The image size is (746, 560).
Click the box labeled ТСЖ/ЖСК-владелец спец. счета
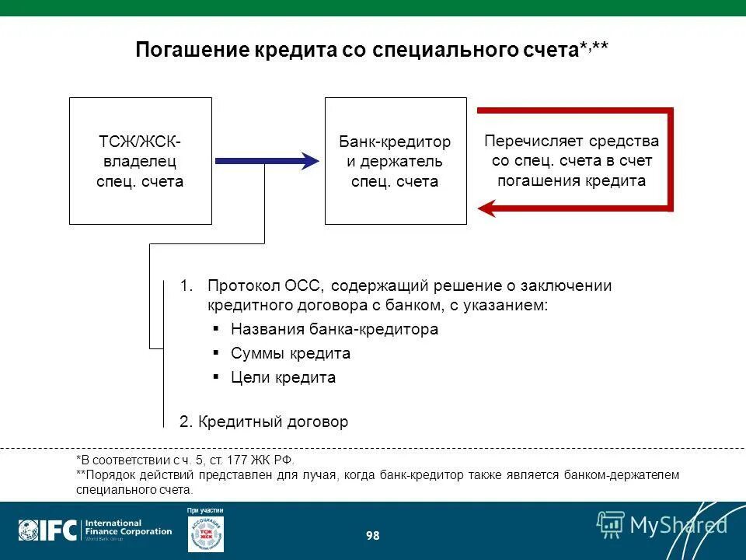tap(141, 161)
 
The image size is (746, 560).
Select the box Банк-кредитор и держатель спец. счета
tap(395, 161)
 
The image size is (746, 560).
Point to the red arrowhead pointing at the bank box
tap(488, 208)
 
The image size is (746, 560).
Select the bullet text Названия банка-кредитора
tap(334, 329)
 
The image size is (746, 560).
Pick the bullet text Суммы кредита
tap(290, 353)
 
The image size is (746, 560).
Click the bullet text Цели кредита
tap(283, 378)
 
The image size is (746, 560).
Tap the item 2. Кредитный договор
tap(263, 422)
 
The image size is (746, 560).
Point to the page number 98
tap(372, 536)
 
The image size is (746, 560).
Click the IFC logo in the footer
tap(48, 530)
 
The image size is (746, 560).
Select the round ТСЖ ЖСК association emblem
tap(206, 534)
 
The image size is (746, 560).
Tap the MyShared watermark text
tap(678, 525)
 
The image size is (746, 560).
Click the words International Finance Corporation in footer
tap(127, 527)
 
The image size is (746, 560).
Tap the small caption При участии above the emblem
tap(205, 510)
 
